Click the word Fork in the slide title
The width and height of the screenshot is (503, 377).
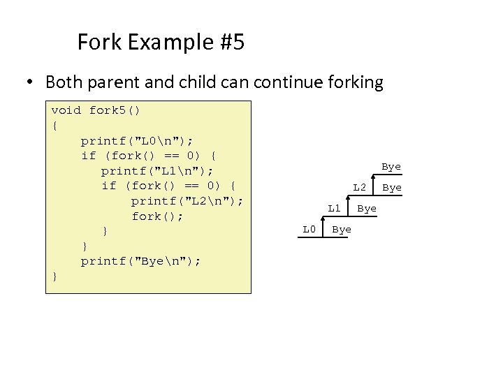[x=97, y=43]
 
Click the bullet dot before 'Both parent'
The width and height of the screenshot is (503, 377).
[x=30, y=83]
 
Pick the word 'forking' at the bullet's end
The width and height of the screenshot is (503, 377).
[x=353, y=83]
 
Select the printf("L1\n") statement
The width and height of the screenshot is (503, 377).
[x=157, y=170]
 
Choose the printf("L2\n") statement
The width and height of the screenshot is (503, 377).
[x=187, y=201]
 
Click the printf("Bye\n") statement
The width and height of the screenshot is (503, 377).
[x=141, y=261]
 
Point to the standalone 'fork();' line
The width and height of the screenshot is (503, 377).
[x=157, y=216]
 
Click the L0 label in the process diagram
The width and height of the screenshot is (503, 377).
[x=309, y=230]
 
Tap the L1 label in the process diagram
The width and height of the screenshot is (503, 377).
[x=335, y=209]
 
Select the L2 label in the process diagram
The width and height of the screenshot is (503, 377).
[x=359, y=188]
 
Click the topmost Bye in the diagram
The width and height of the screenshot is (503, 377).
[x=391, y=167]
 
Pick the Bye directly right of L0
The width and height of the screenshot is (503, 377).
[x=341, y=230]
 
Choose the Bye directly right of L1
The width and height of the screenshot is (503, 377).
[x=367, y=209]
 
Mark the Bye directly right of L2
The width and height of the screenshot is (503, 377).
[x=392, y=188]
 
